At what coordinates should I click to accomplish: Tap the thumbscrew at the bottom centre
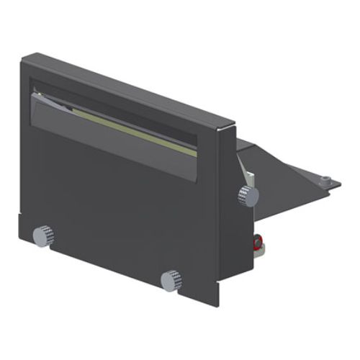pos(171,279)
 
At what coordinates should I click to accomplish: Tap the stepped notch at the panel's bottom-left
pos(23,216)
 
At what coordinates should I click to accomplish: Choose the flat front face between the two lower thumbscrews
pos(108,245)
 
